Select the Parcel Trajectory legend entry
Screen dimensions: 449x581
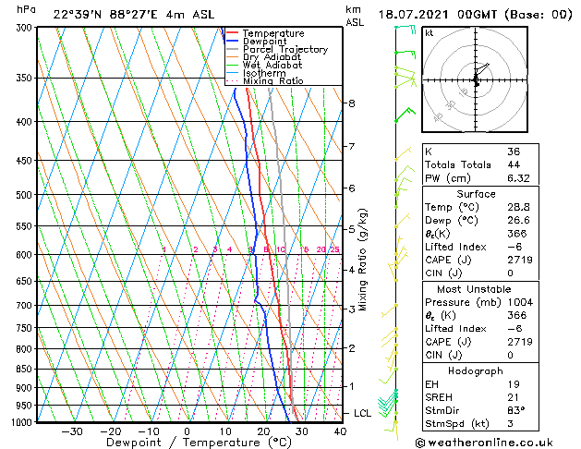coord(284,49)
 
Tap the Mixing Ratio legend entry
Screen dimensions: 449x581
coord(272,81)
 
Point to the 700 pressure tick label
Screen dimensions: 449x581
coord(24,305)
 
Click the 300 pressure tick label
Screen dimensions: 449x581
coord(24,28)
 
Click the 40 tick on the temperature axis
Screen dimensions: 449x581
coord(340,431)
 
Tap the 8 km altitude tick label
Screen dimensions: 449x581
coord(352,103)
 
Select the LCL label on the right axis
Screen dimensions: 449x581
coord(363,413)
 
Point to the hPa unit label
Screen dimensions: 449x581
coord(27,9)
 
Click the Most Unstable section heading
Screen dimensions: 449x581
coord(476,288)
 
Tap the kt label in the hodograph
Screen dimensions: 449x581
coord(429,32)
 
